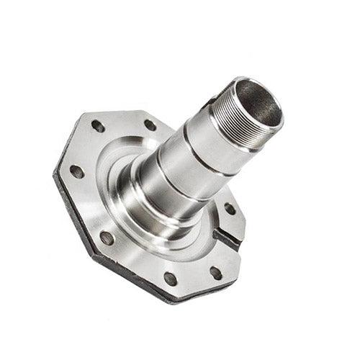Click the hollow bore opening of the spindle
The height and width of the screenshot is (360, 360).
(257, 106)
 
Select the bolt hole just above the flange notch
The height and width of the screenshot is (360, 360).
(229, 209)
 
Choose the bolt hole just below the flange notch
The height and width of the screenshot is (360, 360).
(215, 272)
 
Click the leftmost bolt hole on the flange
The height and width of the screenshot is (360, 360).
(76, 171)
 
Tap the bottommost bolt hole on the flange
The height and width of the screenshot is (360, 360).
(170, 277)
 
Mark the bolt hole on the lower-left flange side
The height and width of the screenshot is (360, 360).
(107, 238)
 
